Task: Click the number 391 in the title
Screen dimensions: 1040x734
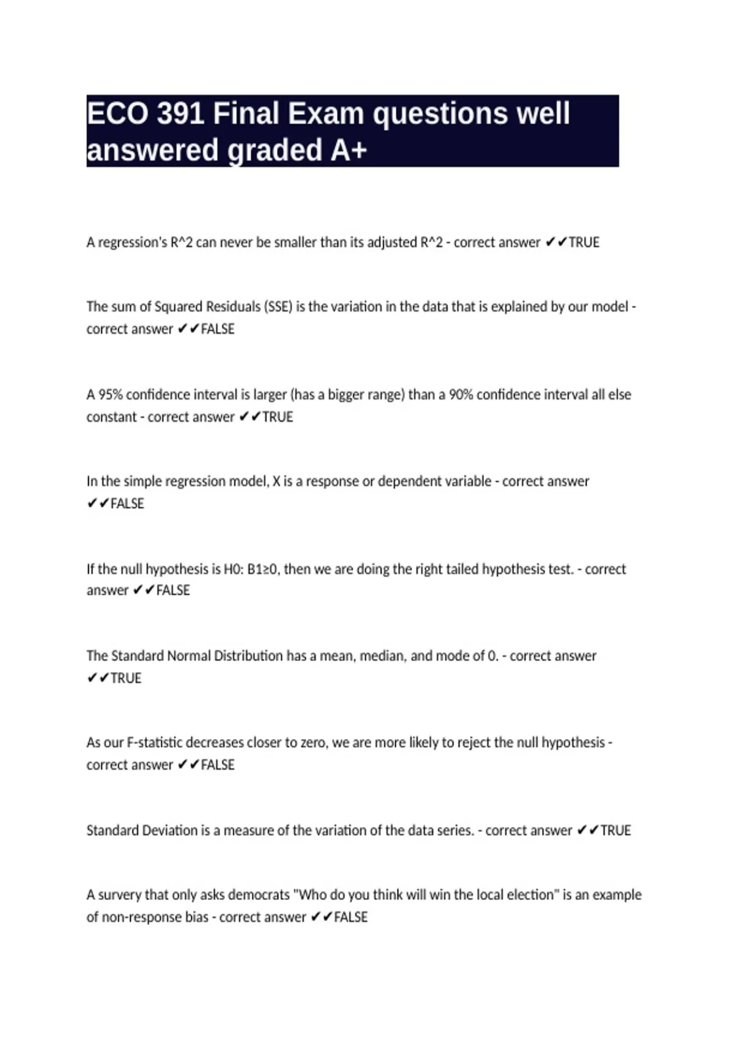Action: [180, 114]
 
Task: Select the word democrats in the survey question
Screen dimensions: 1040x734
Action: [259, 895]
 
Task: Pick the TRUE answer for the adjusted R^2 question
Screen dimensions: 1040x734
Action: [584, 243]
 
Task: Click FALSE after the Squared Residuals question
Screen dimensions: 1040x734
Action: [217, 329]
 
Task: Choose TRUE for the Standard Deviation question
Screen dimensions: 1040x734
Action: [615, 831]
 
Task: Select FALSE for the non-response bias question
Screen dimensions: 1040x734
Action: [350, 918]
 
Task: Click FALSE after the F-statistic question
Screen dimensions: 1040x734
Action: [217, 765]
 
